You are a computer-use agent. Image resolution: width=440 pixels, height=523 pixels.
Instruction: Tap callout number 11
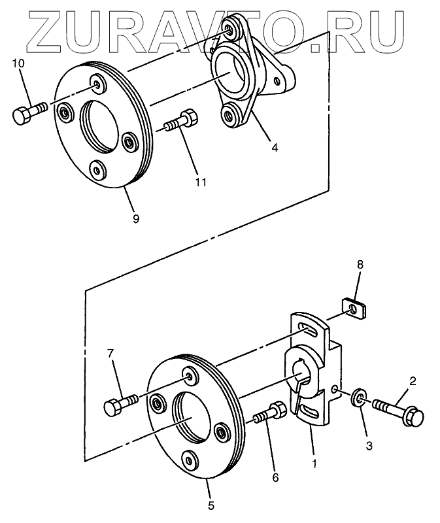pyautogui.click(x=201, y=181)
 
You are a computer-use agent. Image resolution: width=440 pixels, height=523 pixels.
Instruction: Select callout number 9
pyautogui.click(x=135, y=218)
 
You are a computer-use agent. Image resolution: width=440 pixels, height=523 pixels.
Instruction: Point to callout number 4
pyautogui.click(x=275, y=148)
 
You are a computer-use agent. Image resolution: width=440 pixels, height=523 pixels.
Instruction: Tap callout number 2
pyautogui.click(x=413, y=380)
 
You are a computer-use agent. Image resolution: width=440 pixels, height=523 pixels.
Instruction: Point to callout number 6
pyautogui.click(x=275, y=478)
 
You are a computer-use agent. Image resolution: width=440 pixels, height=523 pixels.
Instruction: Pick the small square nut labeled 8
pyautogui.click(x=354, y=305)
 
